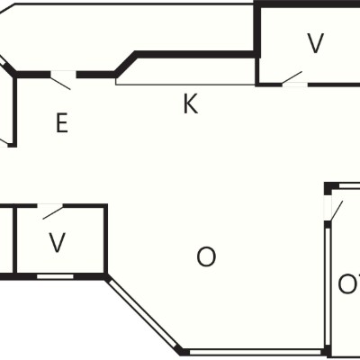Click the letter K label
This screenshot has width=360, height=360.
coord(191,103)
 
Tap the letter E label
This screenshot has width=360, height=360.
coord(62,122)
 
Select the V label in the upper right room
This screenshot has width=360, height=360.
coord(316,43)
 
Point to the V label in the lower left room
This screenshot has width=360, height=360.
coord(57,242)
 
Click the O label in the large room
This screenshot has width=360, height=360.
coord(206,257)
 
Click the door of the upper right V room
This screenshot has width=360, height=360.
coord(292,77)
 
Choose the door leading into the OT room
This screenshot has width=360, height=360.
coord(336,211)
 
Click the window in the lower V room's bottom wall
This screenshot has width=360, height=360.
coord(55,276)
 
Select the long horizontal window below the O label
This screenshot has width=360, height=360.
coord(255,352)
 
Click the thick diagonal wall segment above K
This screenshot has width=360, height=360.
coord(125,64)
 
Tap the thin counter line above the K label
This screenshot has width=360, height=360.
coord(185,85)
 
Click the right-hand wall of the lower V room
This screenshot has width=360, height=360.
coord(105,238)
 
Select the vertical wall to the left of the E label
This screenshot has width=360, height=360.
coord(14,111)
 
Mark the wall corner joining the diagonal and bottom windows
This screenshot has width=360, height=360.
coord(182,352)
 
